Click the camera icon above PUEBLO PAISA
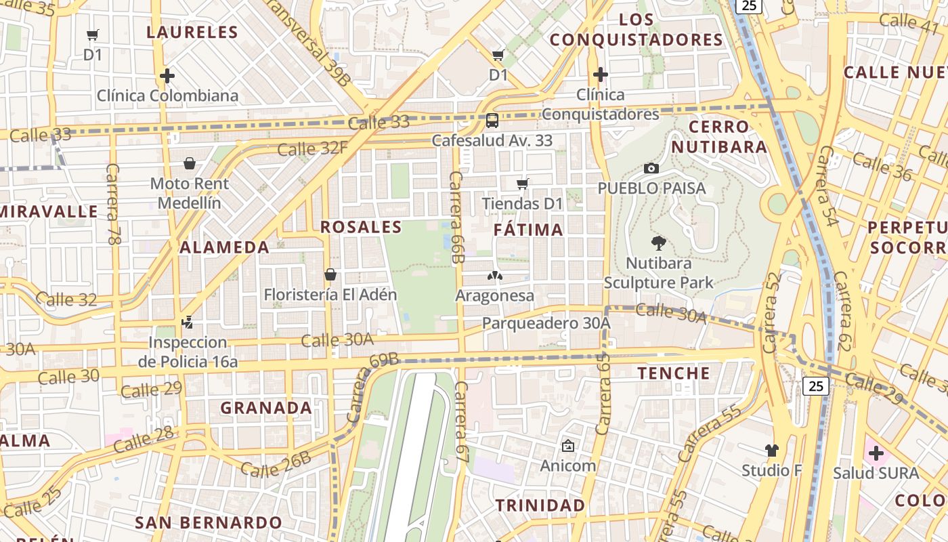(x=651, y=168)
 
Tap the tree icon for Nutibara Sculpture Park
(x=658, y=244)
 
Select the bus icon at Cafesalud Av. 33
(x=492, y=121)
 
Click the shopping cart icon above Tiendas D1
(x=522, y=184)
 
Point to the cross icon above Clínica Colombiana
(x=167, y=75)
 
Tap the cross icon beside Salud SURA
(x=876, y=453)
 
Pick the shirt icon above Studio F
(x=771, y=451)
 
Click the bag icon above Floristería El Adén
(x=330, y=274)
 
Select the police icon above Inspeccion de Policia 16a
(x=188, y=322)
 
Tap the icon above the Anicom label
(x=567, y=446)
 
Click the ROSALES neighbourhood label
(x=361, y=227)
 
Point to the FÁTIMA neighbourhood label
(x=528, y=230)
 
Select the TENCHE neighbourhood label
(x=674, y=373)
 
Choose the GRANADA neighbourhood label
(x=266, y=408)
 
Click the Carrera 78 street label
(x=113, y=204)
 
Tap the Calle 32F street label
(x=312, y=148)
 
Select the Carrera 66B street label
(x=457, y=217)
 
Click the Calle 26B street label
(x=276, y=464)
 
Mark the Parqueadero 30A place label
(x=546, y=324)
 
